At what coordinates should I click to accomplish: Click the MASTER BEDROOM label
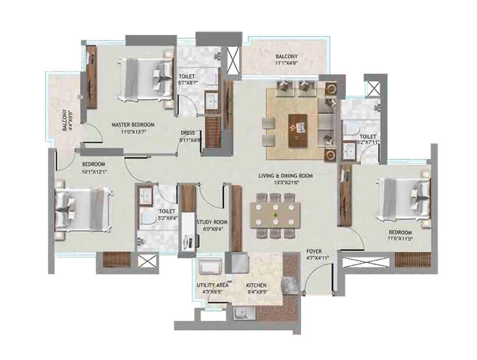click(128, 125)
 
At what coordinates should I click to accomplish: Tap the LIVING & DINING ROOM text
click(286, 175)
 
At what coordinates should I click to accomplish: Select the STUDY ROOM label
click(212, 222)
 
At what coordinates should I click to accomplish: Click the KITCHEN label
click(256, 285)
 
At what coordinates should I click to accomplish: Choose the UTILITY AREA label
click(213, 285)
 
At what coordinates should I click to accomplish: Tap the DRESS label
click(188, 133)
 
